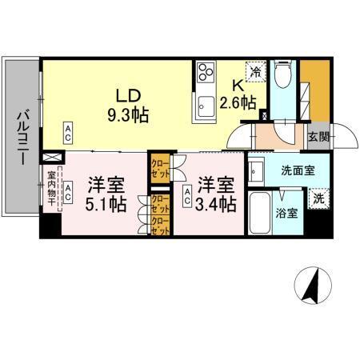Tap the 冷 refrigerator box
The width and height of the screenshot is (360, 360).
coord(255,72)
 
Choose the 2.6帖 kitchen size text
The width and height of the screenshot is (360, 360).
coord(238,102)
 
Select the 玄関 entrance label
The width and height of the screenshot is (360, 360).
coord(318,137)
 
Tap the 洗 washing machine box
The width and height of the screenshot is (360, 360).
coord(318,198)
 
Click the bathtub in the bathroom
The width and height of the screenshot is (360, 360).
coord(261,213)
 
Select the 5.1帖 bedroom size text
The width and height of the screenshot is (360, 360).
coord(106,204)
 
